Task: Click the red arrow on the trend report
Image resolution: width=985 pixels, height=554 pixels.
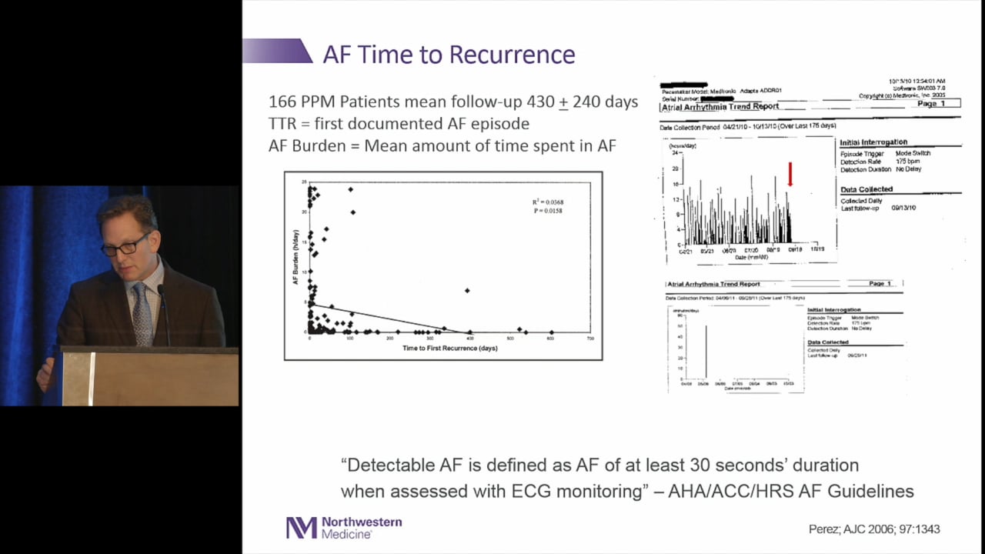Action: click(790, 175)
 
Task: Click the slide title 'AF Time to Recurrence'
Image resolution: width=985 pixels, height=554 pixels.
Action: click(449, 55)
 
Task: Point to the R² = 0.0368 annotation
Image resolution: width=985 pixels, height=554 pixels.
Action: click(547, 202)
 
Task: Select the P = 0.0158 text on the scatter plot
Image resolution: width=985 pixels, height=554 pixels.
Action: click(547, 211)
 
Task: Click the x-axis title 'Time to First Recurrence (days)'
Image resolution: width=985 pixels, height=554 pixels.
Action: click(449, 349)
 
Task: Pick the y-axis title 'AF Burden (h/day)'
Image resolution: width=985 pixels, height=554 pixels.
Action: click(295, 258)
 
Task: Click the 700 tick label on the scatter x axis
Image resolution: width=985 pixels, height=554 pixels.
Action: click(589, 339)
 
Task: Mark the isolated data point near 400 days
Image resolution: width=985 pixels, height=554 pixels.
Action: click(467, 290)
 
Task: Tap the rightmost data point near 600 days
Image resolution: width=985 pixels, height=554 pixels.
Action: click(551, 332)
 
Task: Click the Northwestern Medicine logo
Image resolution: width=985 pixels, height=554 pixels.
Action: click(344, 527)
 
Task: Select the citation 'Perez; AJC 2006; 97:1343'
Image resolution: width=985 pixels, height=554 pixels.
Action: click(874, 529)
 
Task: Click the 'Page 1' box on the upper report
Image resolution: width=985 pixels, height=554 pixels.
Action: click(930, 103)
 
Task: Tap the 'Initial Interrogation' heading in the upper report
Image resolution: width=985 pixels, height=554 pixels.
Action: click(873, 142)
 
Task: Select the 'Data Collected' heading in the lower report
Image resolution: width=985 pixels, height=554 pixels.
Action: click(828, 342)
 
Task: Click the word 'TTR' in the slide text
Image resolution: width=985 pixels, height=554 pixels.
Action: click(283, 123)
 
